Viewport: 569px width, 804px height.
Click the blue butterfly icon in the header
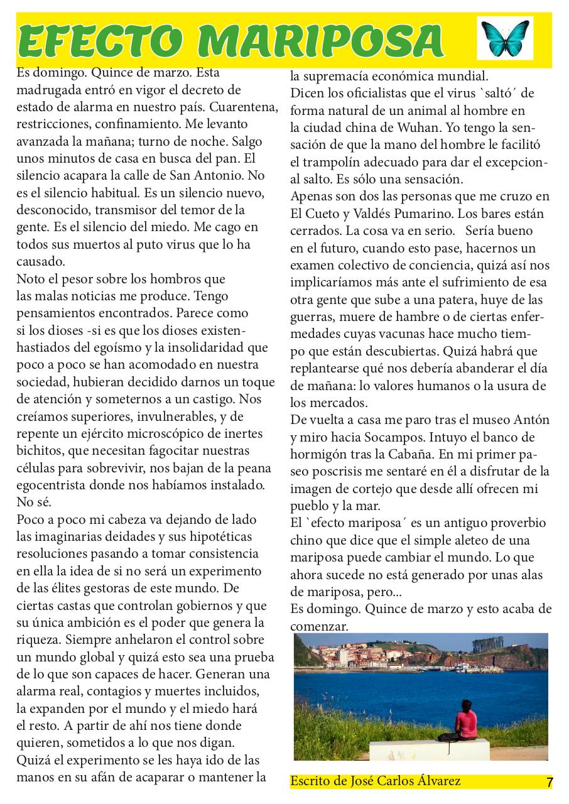coord(505,38)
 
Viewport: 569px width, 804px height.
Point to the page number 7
coord(550,783)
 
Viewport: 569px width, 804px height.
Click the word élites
coord(74,587)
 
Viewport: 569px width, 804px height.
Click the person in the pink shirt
coord(465,719)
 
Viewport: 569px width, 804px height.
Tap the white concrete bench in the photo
coord(429,749)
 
